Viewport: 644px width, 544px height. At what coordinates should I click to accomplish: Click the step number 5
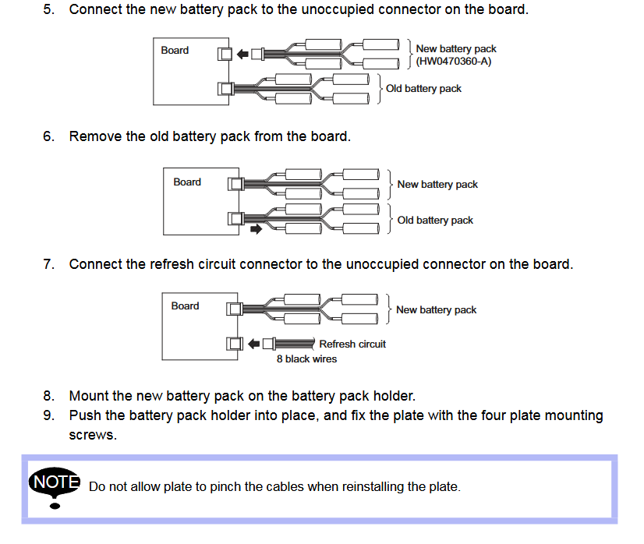pyautogui.click(x=48, y=10)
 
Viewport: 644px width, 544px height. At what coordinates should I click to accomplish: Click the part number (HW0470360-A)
pyautogui.click(x=454, y=61)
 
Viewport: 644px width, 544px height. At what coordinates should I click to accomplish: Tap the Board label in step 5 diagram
pyautogui.click(x=175, y=50)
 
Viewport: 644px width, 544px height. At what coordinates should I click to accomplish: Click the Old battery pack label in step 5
pyautogui.click(x=423, y=89)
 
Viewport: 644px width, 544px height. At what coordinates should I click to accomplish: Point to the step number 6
pyautogui.click(x=48, y=136)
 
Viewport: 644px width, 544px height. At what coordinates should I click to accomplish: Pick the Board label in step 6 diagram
pyautogui.click(x=187, y=182)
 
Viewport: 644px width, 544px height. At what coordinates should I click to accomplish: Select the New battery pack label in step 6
pyautogui.click(x=437, y=185)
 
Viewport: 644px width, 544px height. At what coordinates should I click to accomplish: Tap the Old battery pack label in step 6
pyautogui.click(x=435, y=221)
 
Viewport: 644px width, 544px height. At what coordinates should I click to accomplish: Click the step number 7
pyautogui.click(x=48, y=264)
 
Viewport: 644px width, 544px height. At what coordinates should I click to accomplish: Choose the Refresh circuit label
pyautogui.click(x=352, y=344)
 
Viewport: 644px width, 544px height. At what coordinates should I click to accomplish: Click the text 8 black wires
pyautogui.click(x=306, y=359)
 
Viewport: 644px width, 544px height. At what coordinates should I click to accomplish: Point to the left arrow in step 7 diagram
pyautogui.click(x=254, y=344)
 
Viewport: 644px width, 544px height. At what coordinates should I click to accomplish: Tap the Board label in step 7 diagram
pyautogui.click(x=185, y=306)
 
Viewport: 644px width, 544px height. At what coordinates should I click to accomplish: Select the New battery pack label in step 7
pyautogui.click(x=436, y=310)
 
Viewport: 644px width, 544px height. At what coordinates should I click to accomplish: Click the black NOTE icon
pyautogui.click(x=55, y=483)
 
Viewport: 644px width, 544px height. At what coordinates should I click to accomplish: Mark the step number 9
pyautogui.click(x=48, y=415)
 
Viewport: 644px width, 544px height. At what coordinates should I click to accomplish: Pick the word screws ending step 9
pyautogui.click(x=93, y=435)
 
